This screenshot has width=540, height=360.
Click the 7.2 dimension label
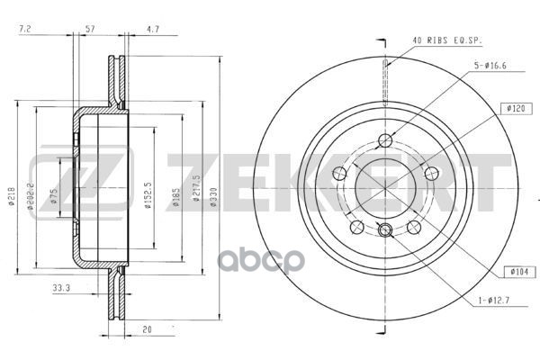click(x=25, y=31)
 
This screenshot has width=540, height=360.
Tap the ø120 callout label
click(x=516, y=109)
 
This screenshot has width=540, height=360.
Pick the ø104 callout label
click(x=516, y=269)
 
